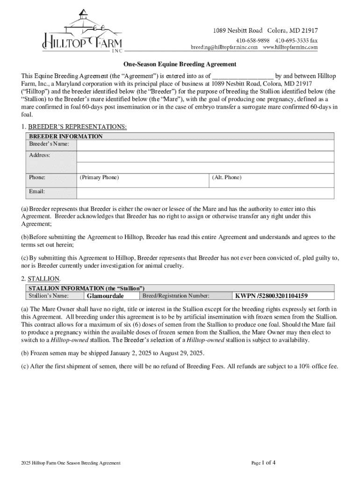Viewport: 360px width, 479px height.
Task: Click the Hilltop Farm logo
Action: [x=82, y=30]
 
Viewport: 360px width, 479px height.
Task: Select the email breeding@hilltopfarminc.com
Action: [x=223, y=47]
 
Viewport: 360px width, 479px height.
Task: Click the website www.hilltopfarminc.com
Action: [x=290, y=47]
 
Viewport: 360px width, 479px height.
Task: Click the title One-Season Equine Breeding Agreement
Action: [x=180, y=64]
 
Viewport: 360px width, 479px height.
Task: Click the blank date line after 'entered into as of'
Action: [x=243, y=76]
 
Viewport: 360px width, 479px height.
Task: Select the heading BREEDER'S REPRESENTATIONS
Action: [x=77, y=127]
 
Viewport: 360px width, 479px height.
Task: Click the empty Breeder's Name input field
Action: [x=205, y=145]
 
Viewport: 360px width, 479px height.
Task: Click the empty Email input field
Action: [x=205, y=193]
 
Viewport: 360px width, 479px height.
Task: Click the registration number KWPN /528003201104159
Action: [x=271, y=296]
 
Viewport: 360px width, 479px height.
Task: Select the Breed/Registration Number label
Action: [x=176, y=296]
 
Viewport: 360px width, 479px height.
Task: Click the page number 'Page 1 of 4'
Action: [x=263, y=463]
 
